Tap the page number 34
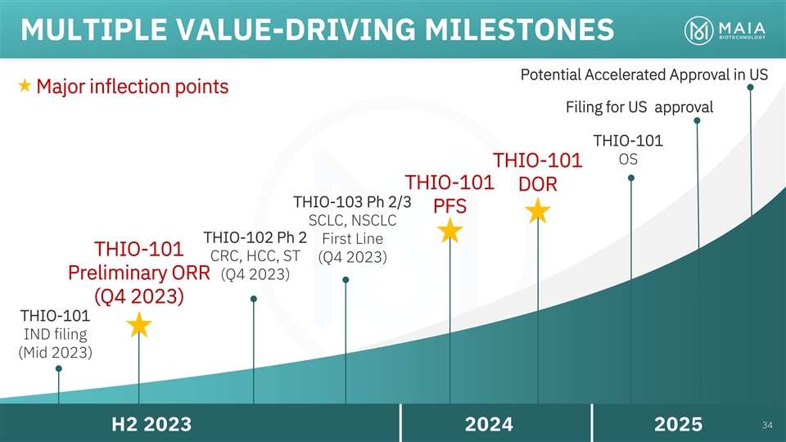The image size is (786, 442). [x=767, y=424]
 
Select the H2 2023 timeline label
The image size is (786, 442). [x=151, y=424]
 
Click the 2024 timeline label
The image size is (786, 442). [x=489, y=424]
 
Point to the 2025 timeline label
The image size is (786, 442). [x=679, y=424]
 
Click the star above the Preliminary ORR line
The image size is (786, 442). [x=139, y=325]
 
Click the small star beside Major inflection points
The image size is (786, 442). [x=25, y=85]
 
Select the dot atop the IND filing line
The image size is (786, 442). [x=59, y=368]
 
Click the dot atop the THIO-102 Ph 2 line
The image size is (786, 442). [x=254, y=299]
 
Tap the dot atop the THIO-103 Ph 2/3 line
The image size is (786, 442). [x=346, y=280]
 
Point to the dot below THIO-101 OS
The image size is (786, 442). [x=632, y=178]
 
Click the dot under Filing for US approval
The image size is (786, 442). [x=697, y=121]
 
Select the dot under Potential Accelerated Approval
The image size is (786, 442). [x=751, y=88]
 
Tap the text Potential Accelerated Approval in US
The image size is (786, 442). [x=644, y=74]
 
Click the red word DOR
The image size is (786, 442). [x=537, y=186]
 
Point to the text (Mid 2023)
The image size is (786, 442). [x=55, y=354]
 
